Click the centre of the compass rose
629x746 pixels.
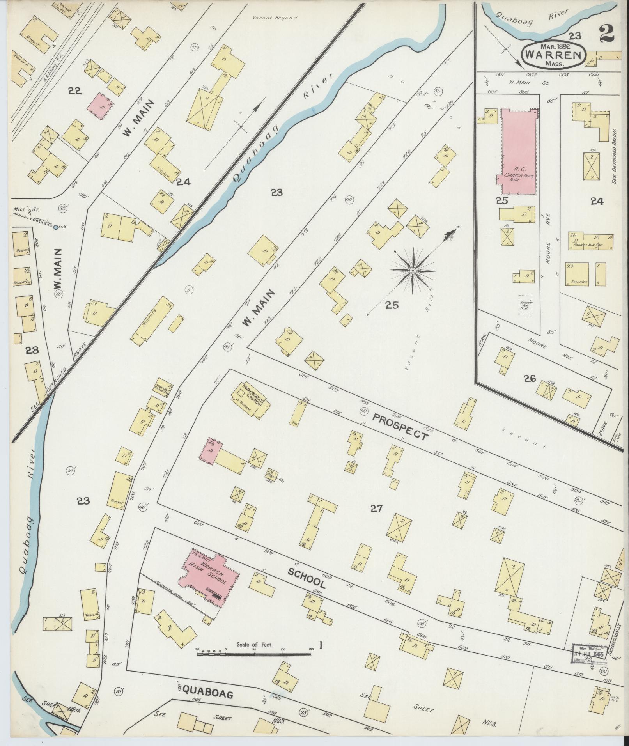[x=413, y=270]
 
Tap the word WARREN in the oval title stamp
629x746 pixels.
[x=554, y=54]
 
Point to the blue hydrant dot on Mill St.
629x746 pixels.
[x=56, y=227]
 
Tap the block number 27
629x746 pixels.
[x=377, y=508]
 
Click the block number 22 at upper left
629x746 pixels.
[x=74, y=91]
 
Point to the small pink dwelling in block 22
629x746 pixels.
[x=101, y=105]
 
